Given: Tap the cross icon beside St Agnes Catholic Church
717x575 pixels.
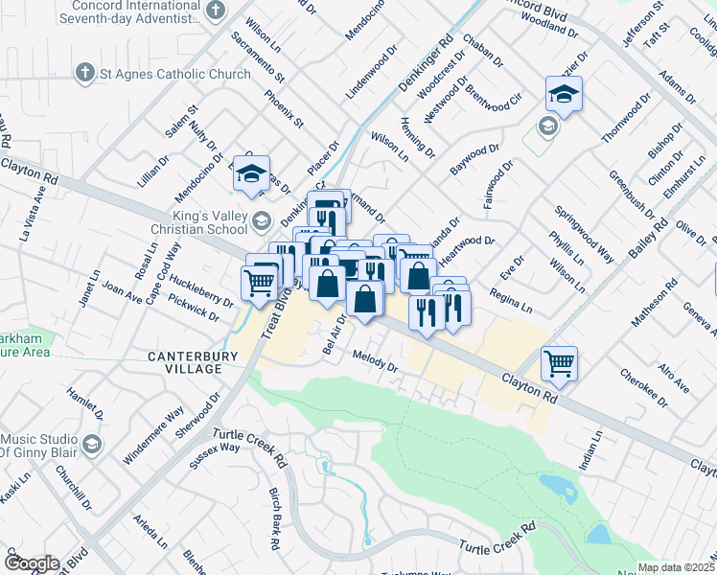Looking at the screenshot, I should pos(85,73).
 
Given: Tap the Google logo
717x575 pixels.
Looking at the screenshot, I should pos(31,563).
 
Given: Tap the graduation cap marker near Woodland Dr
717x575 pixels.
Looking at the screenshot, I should pos(564,94).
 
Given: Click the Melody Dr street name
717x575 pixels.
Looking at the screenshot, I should pos(374,360).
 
